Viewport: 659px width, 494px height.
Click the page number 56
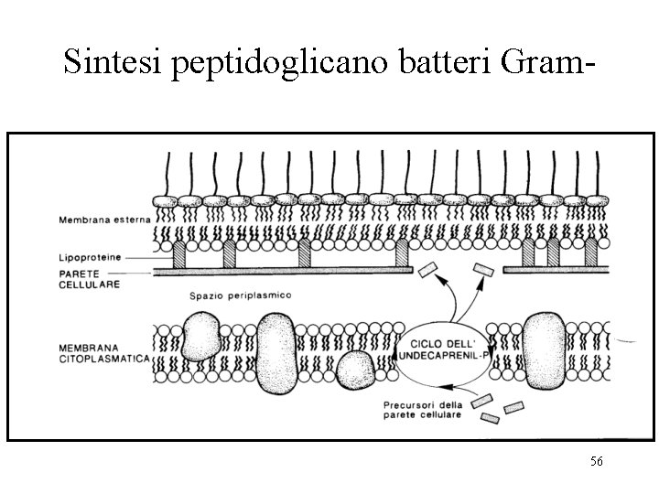point(597,463)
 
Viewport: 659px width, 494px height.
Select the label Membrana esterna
point(99,220)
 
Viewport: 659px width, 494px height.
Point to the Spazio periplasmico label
point(240,295)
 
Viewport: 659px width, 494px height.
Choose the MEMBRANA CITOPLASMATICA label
point(101,353)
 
